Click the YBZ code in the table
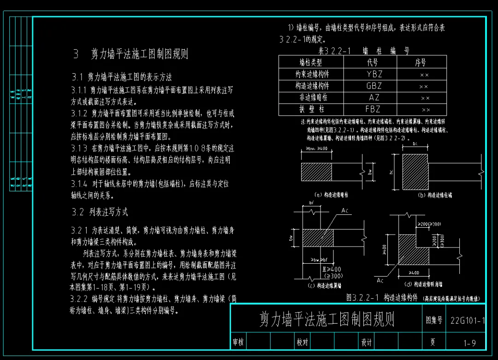point(374,74)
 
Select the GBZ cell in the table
point(374,86)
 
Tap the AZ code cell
point(374,98)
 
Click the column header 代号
point(373,62)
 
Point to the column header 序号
point(421,62)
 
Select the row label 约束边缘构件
point(312,74)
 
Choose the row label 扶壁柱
point(312,110)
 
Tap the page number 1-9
point(470,342)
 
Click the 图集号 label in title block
point(434,320)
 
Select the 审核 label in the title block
point(238,342)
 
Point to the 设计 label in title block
point(367,342)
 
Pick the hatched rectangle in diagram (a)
point(316,172)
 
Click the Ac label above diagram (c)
point(345,211)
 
